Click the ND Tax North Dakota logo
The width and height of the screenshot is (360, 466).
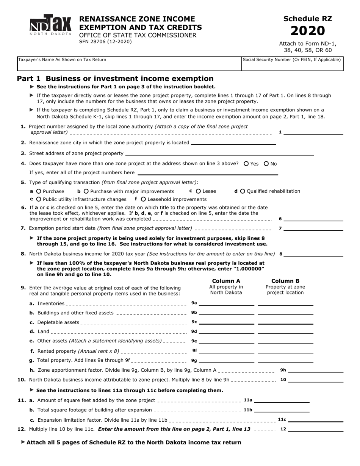[50, 25]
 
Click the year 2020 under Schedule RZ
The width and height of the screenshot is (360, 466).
[308, 31]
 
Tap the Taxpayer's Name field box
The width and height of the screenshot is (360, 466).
[129, 64]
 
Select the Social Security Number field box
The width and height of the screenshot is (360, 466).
[292, 64]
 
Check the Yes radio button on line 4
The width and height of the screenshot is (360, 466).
[246, 164]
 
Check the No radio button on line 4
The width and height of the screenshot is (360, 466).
[266, 164]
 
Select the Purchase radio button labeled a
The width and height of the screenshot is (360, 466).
[39, 191]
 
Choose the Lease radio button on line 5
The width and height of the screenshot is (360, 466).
[198, 191]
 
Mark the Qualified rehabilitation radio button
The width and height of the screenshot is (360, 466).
[243, 191]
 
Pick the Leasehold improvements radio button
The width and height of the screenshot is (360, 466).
[143, 199]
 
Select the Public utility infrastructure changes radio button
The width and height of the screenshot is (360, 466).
[39, 199]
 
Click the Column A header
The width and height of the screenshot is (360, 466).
[226, 281]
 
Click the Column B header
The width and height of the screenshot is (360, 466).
[285, 281]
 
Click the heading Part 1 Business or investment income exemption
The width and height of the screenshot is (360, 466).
[115, 79]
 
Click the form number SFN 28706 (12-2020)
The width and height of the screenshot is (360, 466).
[105, 42]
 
